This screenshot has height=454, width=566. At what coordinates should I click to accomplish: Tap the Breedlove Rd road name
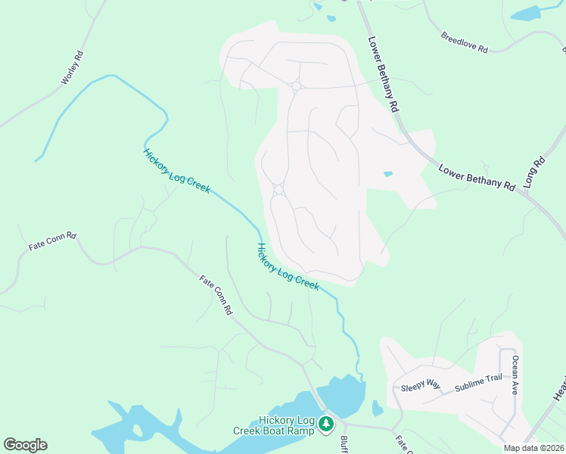[x=465, y=42]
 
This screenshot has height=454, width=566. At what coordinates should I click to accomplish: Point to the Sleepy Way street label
[x=421, y=385]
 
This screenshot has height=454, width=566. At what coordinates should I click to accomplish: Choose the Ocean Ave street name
[x=515, y=375]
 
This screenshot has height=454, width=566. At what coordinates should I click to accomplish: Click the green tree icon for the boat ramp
[x=326, y=424]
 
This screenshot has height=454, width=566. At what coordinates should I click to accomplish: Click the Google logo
[x=25, y=445]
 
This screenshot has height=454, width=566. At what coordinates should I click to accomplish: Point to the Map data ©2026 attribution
[x=533, y=448]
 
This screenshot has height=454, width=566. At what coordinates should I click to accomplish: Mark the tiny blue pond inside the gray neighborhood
[x=388, y=174]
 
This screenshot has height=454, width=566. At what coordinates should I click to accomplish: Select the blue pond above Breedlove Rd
[x=526, y=13]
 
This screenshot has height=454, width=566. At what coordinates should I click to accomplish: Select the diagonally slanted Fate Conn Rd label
[x=216, y=295]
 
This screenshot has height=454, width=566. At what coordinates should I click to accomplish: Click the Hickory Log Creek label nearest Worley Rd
[x=176, y=170]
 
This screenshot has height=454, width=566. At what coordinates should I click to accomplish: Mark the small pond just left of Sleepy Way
[x=378, y=408]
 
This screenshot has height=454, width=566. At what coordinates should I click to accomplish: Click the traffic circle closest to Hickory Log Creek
[x=278, y=189]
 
